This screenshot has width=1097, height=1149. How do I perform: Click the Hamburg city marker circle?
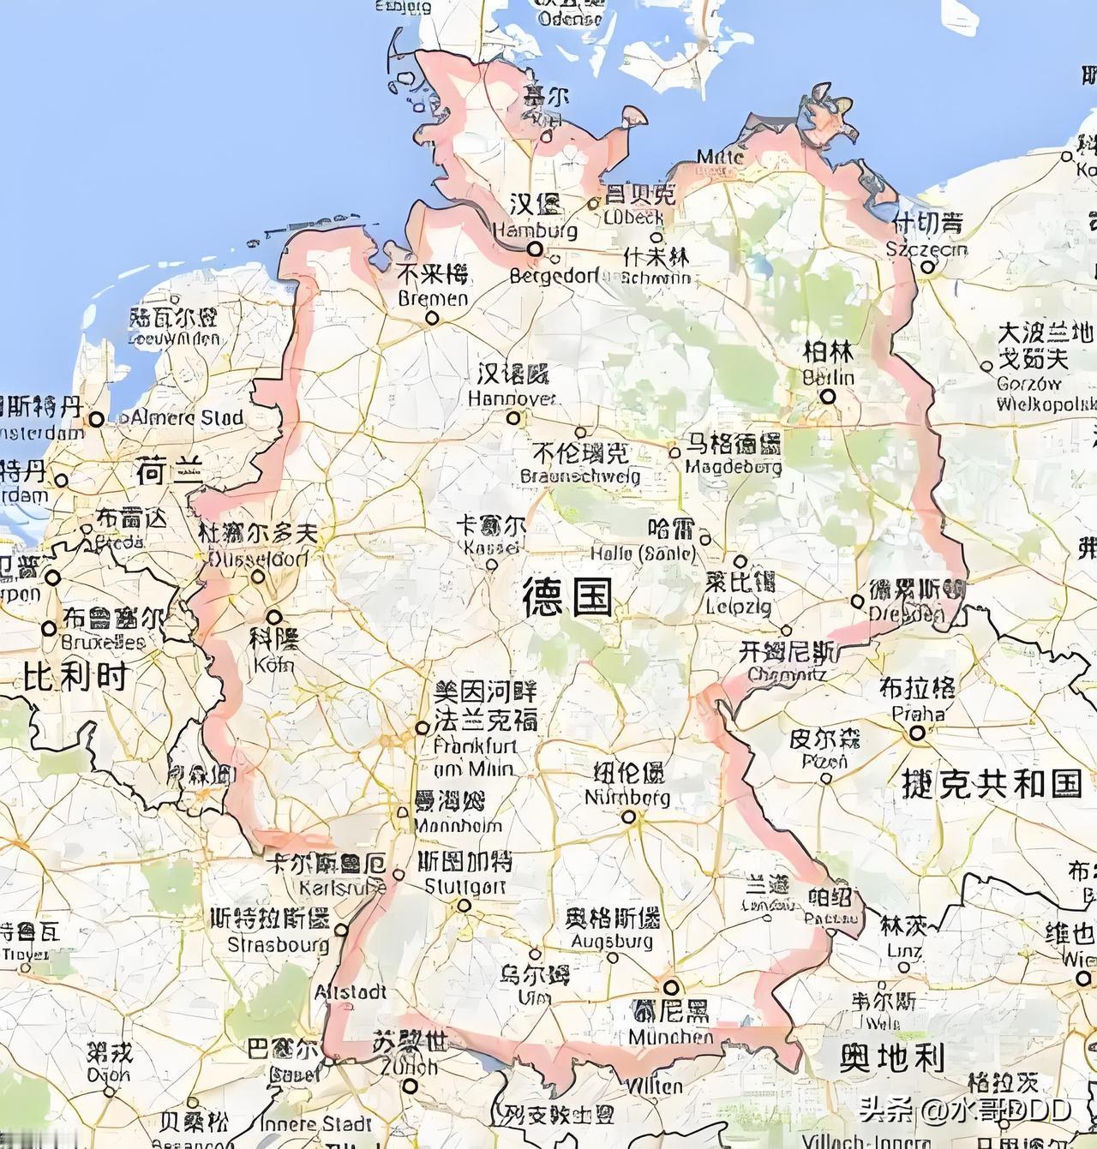pos(535,248)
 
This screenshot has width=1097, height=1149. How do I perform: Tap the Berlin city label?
pos(828,364)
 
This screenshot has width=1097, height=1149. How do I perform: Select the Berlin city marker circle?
pos(828,397)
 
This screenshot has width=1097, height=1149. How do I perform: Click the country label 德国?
pos(568,596)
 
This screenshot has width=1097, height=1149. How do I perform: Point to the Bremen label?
pos(434,286)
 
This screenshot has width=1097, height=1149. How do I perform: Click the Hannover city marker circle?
pos(513,418)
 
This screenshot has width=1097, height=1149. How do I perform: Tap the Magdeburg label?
pos(734,455)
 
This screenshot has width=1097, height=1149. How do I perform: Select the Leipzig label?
pos(740,593)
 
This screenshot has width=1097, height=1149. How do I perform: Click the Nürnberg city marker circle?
pos(629,817)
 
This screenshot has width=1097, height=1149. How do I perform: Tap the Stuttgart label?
pos(465,873)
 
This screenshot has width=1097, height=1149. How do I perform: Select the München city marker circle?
pos(671,987)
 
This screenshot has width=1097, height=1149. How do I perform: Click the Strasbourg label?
pos(278,931)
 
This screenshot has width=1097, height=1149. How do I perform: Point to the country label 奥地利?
pos(891,1059)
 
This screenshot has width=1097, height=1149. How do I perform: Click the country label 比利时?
pos(76,677)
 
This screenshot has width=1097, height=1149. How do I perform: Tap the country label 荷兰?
pos(169,470)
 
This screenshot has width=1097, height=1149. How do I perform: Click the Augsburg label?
pos(612,930)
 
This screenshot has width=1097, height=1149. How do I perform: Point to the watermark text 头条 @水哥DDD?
pos(965,1110)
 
